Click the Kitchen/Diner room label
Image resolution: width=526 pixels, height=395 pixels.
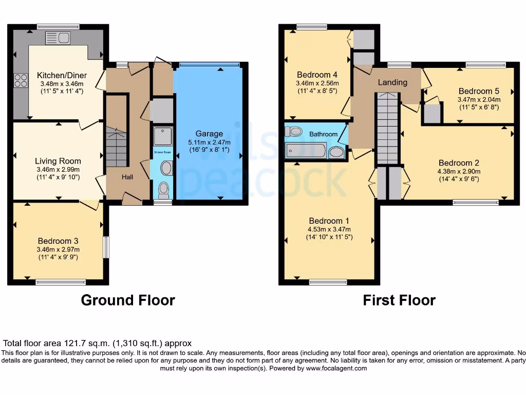pyautogui.click(x=62, y=75)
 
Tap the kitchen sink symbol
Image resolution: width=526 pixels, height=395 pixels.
pyautogui.click(x=58, y=38)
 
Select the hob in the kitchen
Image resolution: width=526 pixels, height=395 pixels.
pyautogui.click(x=21, y=80)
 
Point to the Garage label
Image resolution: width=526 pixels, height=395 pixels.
pyautogui.click(x=209, y=134)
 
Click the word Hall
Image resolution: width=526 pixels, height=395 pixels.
pyautogui.click(x=127, y=177)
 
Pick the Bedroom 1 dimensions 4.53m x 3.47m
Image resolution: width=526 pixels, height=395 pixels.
pyautogui.click(x=329, y=229)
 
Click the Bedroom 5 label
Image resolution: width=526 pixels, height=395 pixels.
pyautogui.click(x=479, y=91)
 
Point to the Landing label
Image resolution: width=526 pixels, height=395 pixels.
pyautogui.click(x=392, y=82)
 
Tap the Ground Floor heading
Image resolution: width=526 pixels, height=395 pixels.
pyautogui.click(x=128, y=300)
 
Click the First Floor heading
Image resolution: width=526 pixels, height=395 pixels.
pyautogui.click(x=399, y=300)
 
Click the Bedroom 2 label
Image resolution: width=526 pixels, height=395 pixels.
pyautogui.click(x=459, y=163)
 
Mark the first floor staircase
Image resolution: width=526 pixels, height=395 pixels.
pyautogui.click(x=388, y=129)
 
